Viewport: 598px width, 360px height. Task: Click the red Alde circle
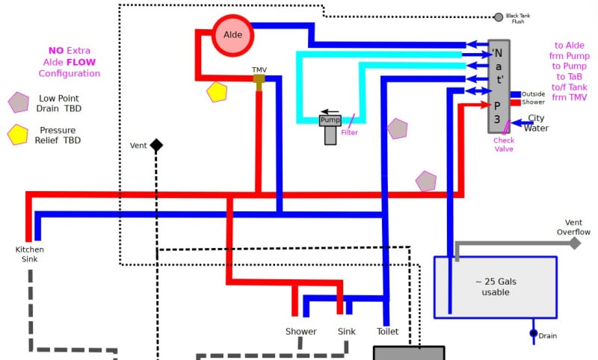[233, 34]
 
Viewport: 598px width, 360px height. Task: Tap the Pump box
[330, 120]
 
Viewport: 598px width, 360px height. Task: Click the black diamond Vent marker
[156, 146]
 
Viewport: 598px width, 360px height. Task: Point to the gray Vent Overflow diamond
[575, 243]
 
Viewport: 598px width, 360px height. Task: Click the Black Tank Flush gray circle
[499, 16]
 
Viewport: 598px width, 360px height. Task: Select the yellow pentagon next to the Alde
[217, 92]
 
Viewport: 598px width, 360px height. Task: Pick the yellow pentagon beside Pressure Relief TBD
[18, 135]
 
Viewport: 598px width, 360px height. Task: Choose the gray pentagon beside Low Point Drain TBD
[18, 102]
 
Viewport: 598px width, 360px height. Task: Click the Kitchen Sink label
[30, 254]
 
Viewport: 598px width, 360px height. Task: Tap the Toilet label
[387, 332]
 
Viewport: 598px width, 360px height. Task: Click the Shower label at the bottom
[300, 332]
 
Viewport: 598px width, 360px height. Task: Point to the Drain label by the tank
[548, 336]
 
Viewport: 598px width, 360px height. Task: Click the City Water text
[537, 123]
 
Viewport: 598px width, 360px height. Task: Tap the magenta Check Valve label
[504, 144]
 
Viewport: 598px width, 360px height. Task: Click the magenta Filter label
[349, 133]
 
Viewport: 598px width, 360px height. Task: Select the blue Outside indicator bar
[516, 94]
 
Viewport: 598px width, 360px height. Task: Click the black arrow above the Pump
[330, 111]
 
